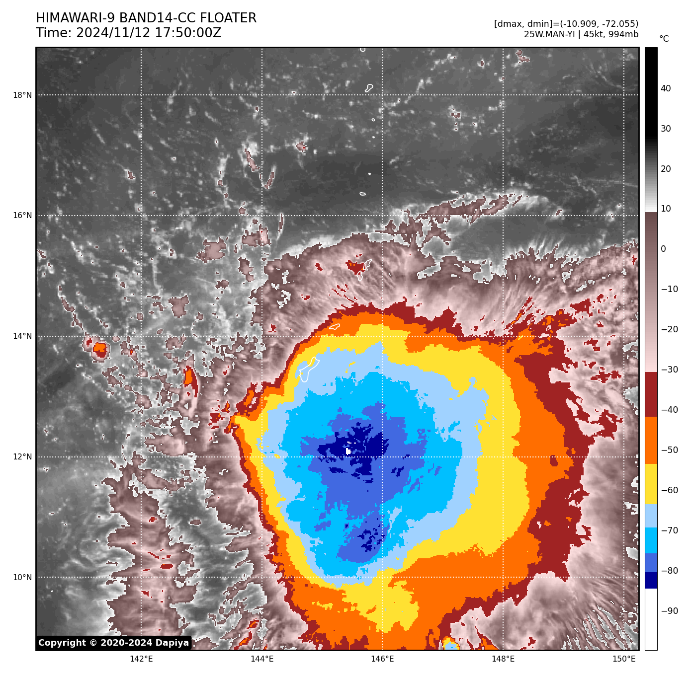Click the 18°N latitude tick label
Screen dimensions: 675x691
tap(22, 95)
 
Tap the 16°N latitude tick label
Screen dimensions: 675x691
tap(22, 216)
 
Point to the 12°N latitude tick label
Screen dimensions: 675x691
tap(22, 457)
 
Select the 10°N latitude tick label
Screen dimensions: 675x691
tap(22, 578)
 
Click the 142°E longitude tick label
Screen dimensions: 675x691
tap(141, 659)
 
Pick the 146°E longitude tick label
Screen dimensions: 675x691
tap(382, 659)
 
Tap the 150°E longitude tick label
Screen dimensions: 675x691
tap(624, 659)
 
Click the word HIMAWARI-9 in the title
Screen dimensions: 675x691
tap(75, 18)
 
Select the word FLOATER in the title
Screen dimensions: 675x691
tap(228, 18)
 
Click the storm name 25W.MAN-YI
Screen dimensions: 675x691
tap(550, 34)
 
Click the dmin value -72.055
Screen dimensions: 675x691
tap(616, 24)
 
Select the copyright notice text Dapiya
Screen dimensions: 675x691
tap(172, 643)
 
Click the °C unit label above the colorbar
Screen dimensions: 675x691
tap(664, 39)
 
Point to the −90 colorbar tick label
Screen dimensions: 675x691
tap(670, 611)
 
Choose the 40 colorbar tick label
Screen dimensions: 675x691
tap(666, 89)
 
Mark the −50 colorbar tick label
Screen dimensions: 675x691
tap(670, 450)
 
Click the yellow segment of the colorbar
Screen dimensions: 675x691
tap(651, 484)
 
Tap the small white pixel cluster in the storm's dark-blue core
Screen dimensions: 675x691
tap(348, 451)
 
